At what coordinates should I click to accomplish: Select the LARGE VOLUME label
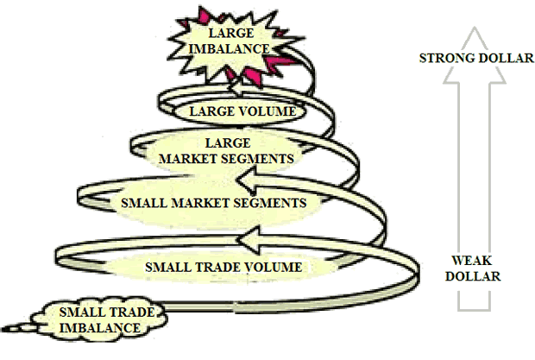tap(242, 111)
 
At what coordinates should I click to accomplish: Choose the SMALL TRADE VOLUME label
tap(223, 267)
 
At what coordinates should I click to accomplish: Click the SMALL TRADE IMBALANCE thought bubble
tap(100, 319)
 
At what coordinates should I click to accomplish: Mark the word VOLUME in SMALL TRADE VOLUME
tap(274, 267)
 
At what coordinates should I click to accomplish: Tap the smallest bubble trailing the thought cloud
tap(12, 330)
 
